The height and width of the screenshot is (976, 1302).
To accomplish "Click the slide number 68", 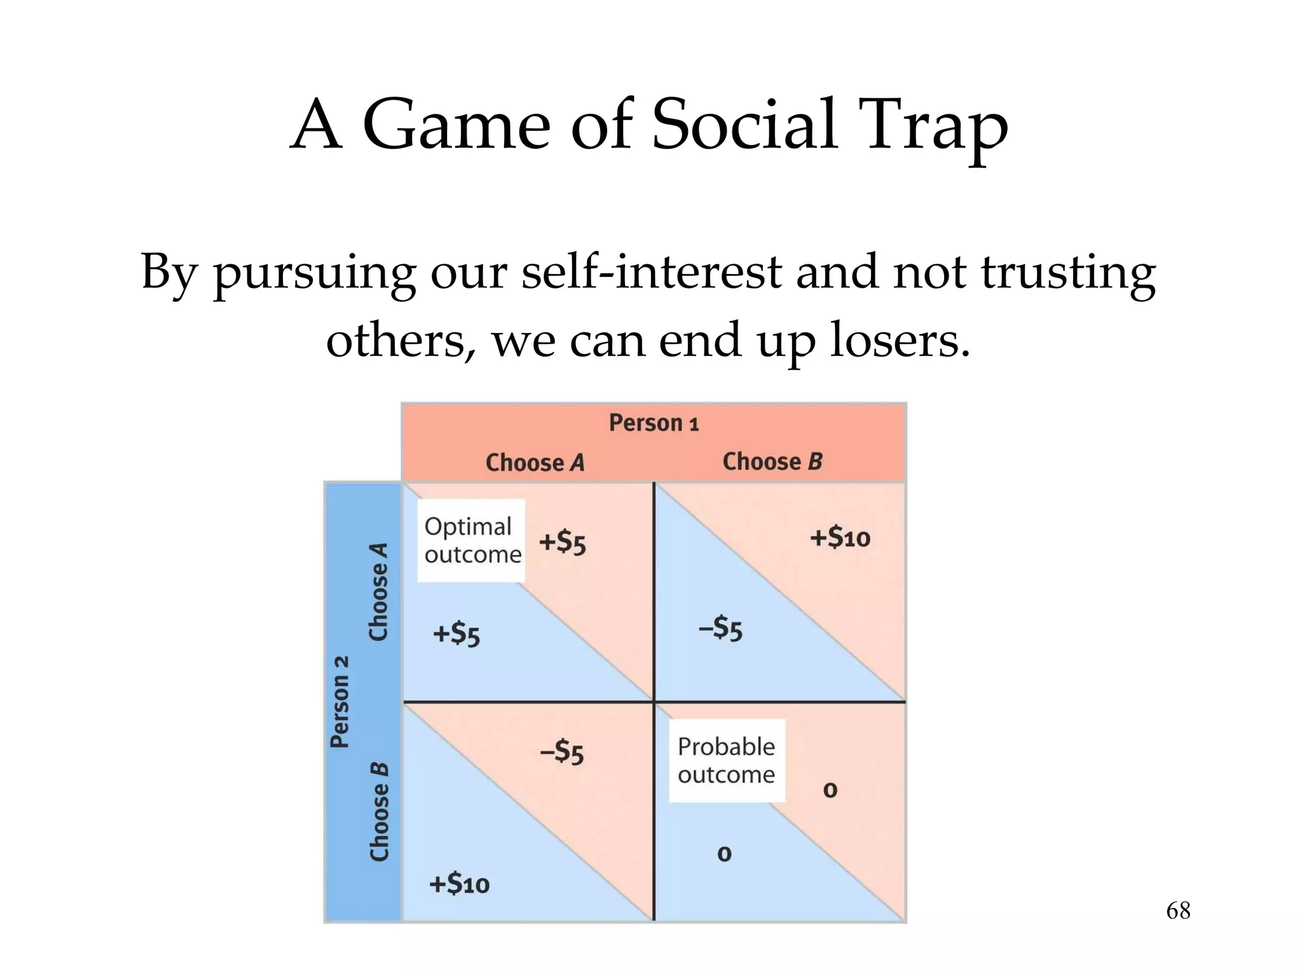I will click(x=1177, y=911).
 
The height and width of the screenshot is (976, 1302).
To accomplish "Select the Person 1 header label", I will click(x=654, y=423).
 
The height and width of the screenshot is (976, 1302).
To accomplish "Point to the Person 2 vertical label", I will click(x=340, y=701).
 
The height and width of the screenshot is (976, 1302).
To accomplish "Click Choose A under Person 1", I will click(x=535, y=463).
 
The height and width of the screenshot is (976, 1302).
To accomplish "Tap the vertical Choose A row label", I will click(x=379, y=592).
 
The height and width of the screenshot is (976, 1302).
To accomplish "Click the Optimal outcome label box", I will click(x=471, y=541).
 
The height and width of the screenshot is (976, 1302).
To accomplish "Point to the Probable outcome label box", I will click(x=726, y=761).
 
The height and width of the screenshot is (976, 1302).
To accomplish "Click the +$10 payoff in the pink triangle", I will click(x=839, y=538).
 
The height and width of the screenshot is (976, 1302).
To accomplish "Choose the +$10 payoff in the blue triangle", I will click(x=459, y=884).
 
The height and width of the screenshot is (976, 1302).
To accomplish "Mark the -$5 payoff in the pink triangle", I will click(x=561, y=752).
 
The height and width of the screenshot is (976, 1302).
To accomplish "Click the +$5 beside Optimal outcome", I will click(x=562, y=543).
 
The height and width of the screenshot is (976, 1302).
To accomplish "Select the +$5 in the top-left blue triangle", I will click(x=456, y=635).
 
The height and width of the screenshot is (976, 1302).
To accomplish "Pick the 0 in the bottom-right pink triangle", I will click(x=830, y=790).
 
